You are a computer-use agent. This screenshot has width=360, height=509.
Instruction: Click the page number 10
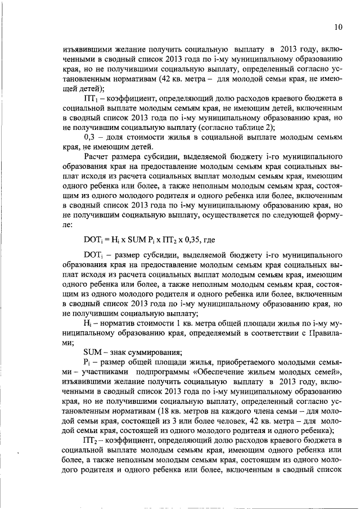click(337, 26)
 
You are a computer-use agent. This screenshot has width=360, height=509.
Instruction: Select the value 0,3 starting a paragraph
click(91, 137)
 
